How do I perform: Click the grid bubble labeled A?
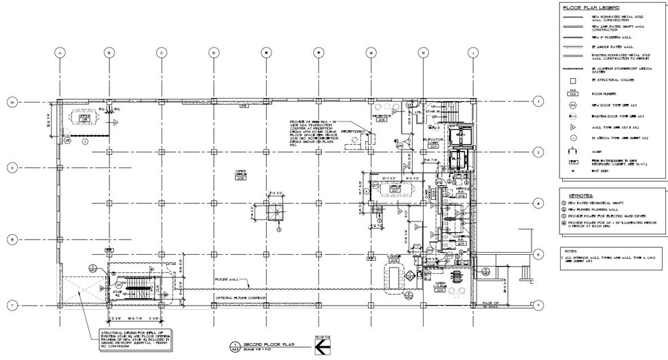(60, 52)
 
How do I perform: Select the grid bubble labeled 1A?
(12, 102)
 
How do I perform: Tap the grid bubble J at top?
(470, 52)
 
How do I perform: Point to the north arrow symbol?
(322, 346)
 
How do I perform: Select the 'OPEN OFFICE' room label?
(240, 173)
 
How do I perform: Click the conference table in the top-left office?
(86, 120)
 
